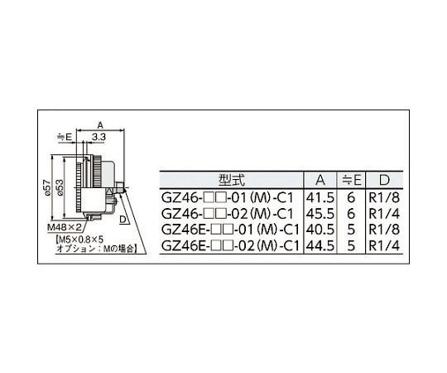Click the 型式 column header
(x=232, y=180)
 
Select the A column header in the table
(x=320, y=180)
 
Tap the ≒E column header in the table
(x=351, y=180)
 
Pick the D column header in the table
(x=384, y=180)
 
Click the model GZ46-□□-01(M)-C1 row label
(x=227, y=197)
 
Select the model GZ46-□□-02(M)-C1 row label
(x=227, y=214)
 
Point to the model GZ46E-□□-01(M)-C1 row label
(x=230, y=230)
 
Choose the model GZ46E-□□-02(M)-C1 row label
(x=230, y=245)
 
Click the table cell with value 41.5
(x=320, y=197)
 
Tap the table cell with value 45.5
(x=320, y=214)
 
